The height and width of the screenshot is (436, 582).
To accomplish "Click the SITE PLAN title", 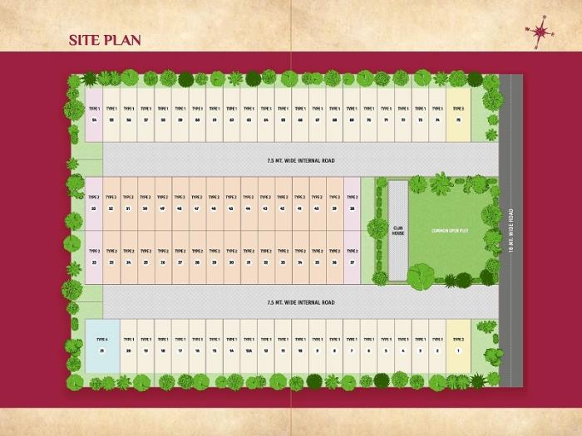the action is [x=105, y=40].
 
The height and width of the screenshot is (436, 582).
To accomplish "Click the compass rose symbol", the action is [x=541, y=32].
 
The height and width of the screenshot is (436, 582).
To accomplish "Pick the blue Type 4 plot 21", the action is [x=102, y=345].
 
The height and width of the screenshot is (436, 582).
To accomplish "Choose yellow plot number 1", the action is [x=458, y=345].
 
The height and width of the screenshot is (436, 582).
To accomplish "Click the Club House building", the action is [x=397, y=229].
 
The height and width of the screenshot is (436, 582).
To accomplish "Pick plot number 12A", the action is [x=249, y=345].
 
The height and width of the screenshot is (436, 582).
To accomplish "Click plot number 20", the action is [x=129, y=345].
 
